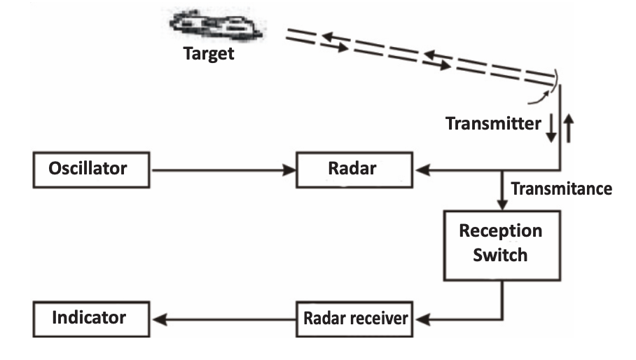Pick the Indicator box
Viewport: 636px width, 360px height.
coord(90,319)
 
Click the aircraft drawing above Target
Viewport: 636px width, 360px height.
coord(214,25)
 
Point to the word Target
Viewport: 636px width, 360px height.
coord(208,55)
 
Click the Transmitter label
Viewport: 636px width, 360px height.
coord(493,125)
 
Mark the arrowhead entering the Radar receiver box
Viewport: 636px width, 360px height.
coord(420,319)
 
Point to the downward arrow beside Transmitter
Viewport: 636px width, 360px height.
coord(551,128)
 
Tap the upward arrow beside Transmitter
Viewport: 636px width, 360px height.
coord(568,128)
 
